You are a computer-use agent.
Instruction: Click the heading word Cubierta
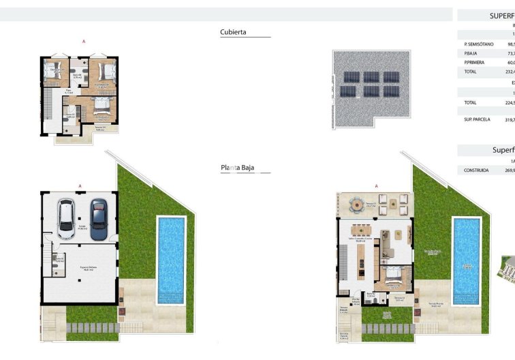coord(234,32)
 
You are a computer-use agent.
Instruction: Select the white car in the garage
coord(68,218)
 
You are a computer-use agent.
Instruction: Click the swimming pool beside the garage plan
coord(170,259)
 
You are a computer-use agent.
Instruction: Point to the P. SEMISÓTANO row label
coord(479,44)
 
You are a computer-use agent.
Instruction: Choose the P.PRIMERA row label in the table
coord(474,62)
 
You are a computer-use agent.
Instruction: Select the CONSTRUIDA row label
coord(476,170)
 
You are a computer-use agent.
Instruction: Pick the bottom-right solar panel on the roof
coord(390,91)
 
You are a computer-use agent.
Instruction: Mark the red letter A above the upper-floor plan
coord(84,42)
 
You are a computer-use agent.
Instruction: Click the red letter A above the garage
coord(80,185)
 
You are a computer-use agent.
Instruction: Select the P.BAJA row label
coord(471,53)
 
